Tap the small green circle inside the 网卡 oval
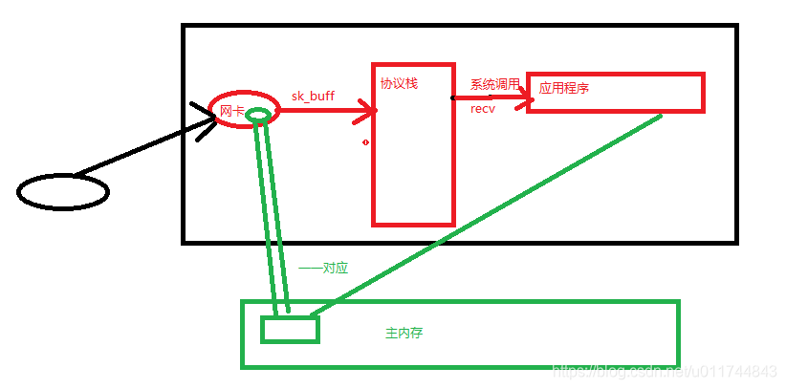click(258, 116)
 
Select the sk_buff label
click(313, 96)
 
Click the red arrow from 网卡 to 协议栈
click(325, 112)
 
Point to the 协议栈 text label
click(399, 83)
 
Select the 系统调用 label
click(494, 84)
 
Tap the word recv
click(482, 109)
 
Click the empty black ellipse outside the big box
click(63, 192)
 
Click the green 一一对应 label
click(323, 269)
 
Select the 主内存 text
click(404, 334)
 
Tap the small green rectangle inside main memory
click(290, 330)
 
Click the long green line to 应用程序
click(488, 215)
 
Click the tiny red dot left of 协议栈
click(365, 142)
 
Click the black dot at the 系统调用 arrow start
click(453, 97)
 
